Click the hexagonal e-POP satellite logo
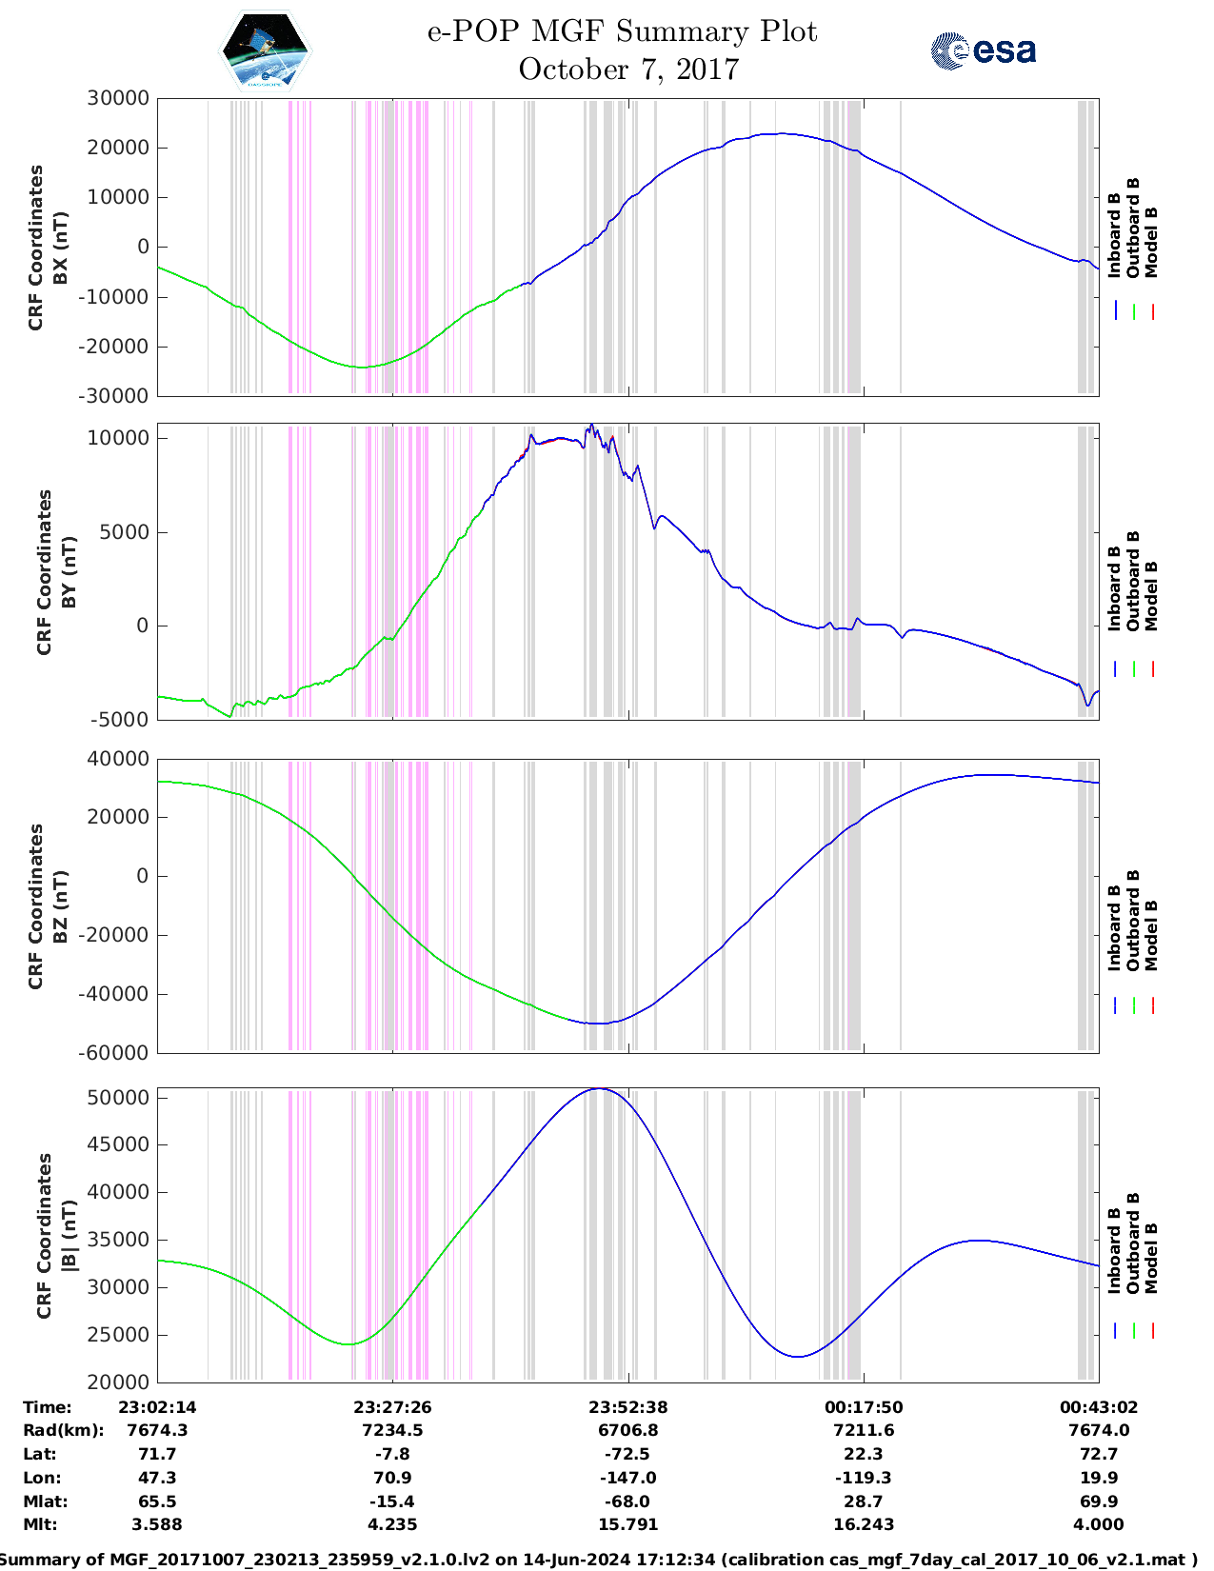click(x=265, y=50)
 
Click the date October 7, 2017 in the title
click(x=628, y=70)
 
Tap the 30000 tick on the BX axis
click(x=118, y=98)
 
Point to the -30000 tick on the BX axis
click(x=113, y=396)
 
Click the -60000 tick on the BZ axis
click(x=113, y=1053)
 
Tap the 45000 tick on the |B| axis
click(x=118, y=1144)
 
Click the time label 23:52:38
click(x=627, y=1407)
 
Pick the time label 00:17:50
click(x=864, y=1407)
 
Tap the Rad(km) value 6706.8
click(x=627, y=1430)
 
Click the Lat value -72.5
click(x=627, y=1454)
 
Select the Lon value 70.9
click(x=392, y=1478)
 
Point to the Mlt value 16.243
click(x=864, y=1524)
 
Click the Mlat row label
click(x=46, y=1501)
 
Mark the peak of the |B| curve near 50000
click(x=600, y=1089)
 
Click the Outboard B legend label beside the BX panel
click(x=1132, y=228)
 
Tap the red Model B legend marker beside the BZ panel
click(x=1152, y=1004)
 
